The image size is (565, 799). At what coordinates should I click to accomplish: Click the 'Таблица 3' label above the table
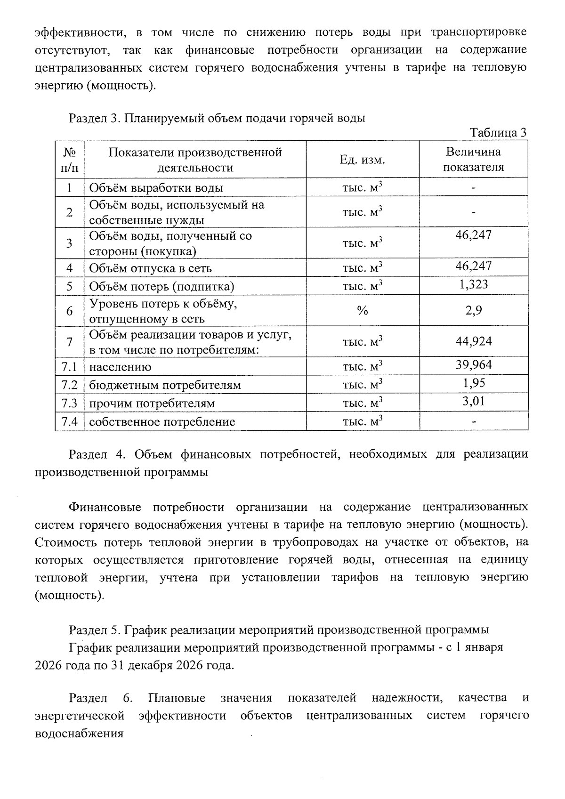(x=498, y=133)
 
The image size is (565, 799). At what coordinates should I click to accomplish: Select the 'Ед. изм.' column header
(x=362, y=160)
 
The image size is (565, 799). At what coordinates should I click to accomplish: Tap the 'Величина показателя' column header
(x=473, y=159)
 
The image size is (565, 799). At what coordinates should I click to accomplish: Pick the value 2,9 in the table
(x=473, y=310)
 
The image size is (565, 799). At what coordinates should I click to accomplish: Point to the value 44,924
(x=473, y=341)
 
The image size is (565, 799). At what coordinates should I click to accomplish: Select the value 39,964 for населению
(x=473, y=364)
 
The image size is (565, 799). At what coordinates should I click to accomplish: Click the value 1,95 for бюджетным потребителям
(x=473, y=383)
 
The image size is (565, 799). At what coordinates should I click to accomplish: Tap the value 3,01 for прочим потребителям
(x=473, y=401)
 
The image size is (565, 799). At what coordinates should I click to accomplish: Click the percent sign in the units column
(x=362, y=311)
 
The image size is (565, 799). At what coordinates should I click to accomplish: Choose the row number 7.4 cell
(x=69, y=421)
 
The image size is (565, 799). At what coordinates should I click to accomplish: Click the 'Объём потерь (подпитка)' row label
(x=161, y=286)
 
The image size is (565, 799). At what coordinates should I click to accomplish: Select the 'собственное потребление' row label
(x=162, y=421)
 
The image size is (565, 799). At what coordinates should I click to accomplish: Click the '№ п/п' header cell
(x=69, y=160)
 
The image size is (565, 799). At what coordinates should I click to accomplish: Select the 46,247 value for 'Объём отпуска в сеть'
(x=473, y=266)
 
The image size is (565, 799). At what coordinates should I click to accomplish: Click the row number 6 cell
(x=69, y=311)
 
